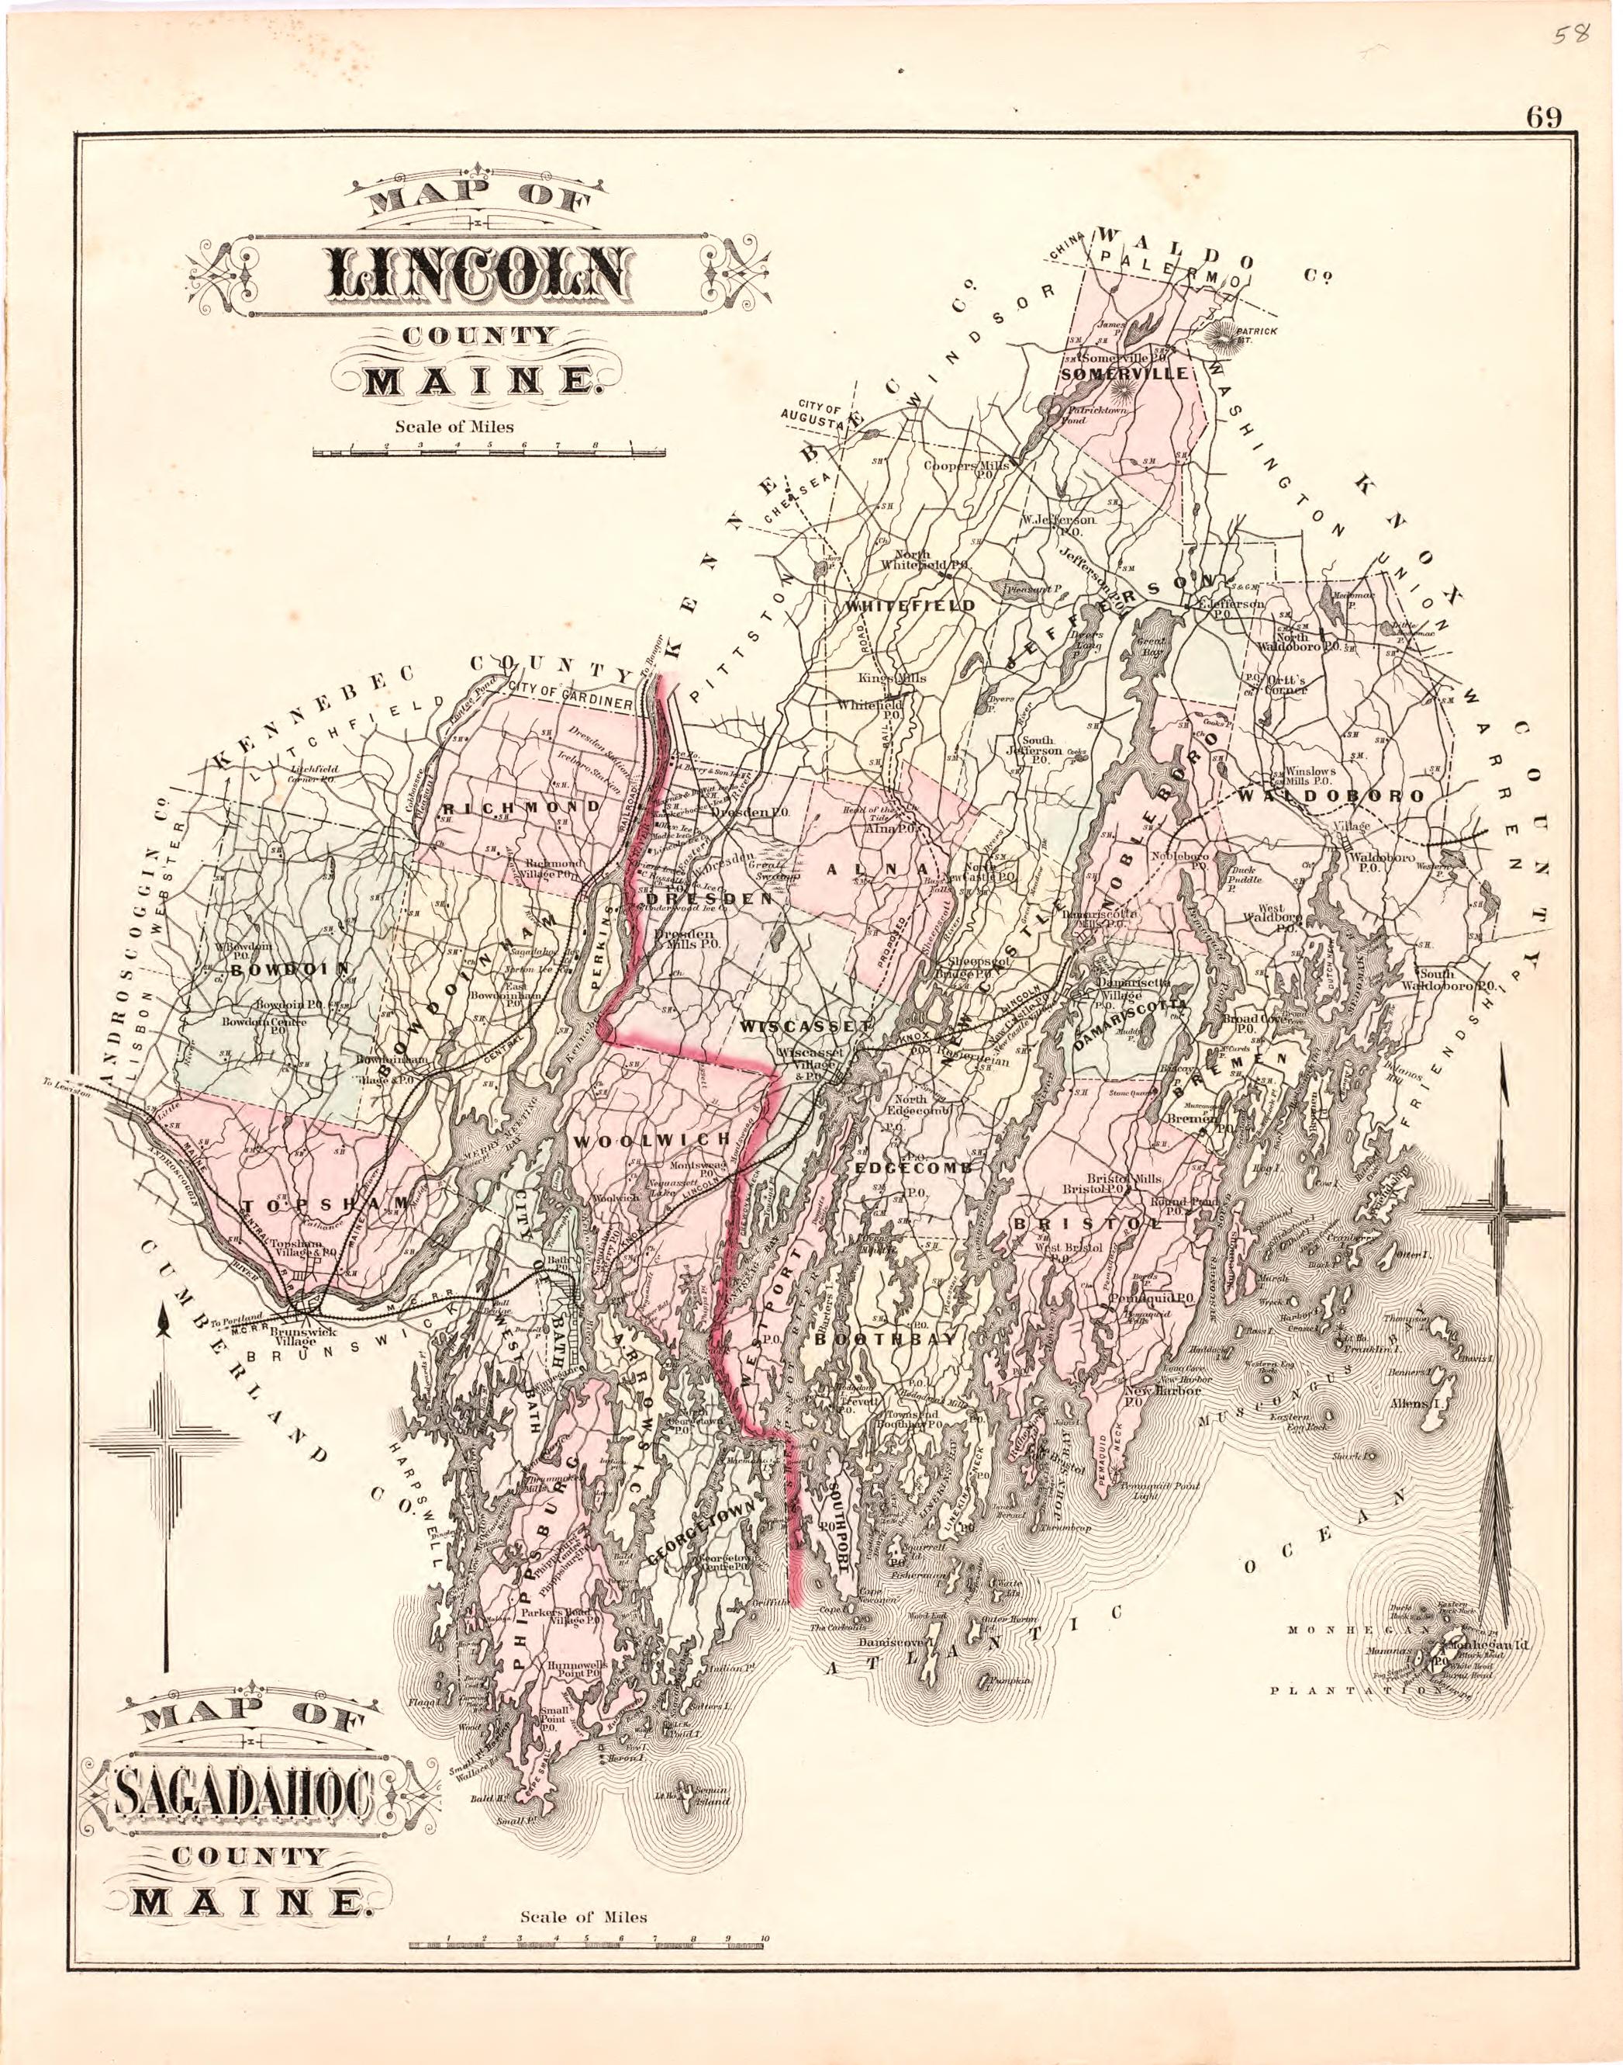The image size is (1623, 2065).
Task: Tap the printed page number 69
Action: click(x=1544, y=118)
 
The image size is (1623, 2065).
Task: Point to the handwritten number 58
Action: click(x=1569, y=35)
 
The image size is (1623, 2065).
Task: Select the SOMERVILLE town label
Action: click(x=1125, y=373)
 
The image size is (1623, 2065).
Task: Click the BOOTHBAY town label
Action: click(x=884, y=1339)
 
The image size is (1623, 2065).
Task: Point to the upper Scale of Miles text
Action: click(x=454, y=427)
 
